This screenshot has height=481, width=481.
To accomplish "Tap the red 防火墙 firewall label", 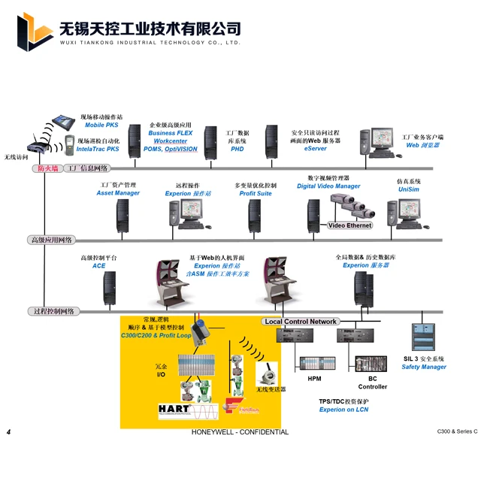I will point(48,168).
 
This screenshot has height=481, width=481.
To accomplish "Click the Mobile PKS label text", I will point(100,126).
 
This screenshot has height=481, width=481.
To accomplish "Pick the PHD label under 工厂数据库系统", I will point(237,149).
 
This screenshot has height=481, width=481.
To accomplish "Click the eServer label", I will point(315,149).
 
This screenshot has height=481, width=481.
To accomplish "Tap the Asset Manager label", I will point(118,193).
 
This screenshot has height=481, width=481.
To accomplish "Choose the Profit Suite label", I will point(256,193).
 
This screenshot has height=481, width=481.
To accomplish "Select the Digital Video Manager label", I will point(328,186).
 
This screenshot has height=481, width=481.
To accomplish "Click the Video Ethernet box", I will point(349,225).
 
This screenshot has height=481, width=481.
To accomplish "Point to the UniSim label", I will point(409,190).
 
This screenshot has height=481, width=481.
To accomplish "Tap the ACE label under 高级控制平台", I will point(99,266).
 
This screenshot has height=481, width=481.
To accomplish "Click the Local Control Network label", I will point(301,322).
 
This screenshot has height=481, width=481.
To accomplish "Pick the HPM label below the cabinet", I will point(314,379).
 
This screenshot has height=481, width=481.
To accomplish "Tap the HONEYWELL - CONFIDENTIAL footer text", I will point(240,433).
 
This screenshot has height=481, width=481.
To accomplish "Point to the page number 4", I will point(8,433).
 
